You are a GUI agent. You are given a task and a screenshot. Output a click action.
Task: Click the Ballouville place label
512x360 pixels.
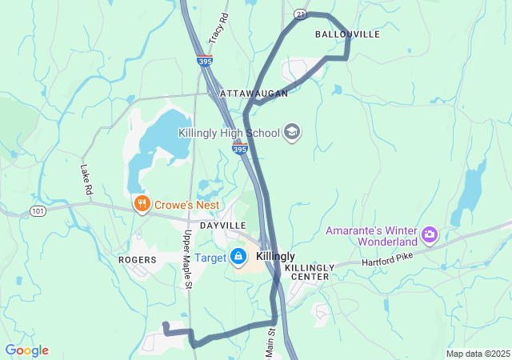pyautogui.click(x=347, y=35)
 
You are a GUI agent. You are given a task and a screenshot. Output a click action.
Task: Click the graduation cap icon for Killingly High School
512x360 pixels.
pyautogui.click(x=292, y=132)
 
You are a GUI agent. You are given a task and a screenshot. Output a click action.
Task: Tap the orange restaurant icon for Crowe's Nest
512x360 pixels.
pyautogui.click(x=142, y=204)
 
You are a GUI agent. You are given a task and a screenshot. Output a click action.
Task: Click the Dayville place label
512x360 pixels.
pyautogui.click(x=223, y=226)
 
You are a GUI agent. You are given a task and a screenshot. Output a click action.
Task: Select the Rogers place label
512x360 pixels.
pyautogui.click(x=137, y=260)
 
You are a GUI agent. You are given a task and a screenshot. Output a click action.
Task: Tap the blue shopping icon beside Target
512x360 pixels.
pyautogui.click(x=238, y=256)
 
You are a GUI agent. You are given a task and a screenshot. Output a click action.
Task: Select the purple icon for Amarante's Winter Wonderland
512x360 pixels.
pyautogui.click(x=430, y=234)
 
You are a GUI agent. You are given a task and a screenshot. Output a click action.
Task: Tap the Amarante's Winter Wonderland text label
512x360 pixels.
pyautogui.click(x=372, y=236)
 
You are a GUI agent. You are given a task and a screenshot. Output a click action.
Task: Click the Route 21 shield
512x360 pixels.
pyautogui.click(x=300, y=14)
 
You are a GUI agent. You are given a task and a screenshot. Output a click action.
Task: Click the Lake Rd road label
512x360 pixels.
pyautogui.click(x=86, y=180)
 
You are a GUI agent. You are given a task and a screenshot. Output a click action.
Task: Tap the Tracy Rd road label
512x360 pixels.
pyautogui.click(x=218, y=29)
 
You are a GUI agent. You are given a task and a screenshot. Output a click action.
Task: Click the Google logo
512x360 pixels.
pyautogui.click(x=26, y=350)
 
